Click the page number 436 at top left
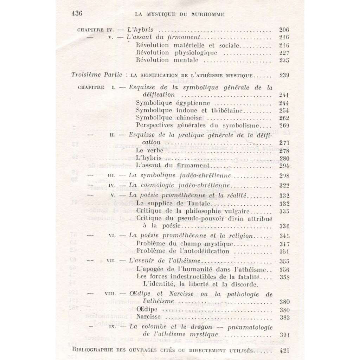coord(76,14)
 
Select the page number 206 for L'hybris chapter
coord(283,30)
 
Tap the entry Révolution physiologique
coord(176,53)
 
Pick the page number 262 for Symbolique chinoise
coord(283,118)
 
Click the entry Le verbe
coord(148,150)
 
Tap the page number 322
coord(283,186)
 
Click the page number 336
coord(283,226)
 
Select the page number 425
coord(283,350)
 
